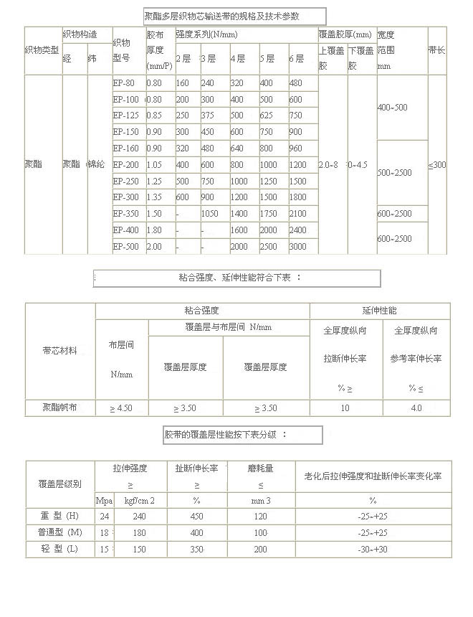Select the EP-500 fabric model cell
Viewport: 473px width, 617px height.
[126, 246]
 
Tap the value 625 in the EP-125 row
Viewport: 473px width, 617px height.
[268, 116]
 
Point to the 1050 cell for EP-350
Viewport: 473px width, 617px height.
[210, 213]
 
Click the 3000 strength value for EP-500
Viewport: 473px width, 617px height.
[298, 246]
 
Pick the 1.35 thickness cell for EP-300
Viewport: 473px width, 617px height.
[155, 197]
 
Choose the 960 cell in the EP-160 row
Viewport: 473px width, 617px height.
[296, 149]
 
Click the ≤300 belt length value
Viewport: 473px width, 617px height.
[437, 165]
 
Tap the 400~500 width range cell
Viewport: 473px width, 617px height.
[392, 108]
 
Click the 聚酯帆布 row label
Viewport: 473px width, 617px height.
[60, 408]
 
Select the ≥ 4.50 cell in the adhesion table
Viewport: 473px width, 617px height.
[121, 408]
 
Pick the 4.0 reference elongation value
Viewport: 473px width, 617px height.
[416, 408]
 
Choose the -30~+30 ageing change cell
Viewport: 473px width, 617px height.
[373, 549]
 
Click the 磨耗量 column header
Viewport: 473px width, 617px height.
[261, 468]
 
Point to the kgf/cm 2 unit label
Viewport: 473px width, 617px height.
[140, 500]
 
